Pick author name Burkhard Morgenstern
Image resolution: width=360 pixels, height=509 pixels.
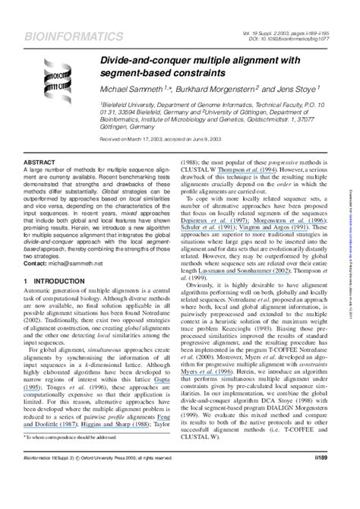click(x=219, y=90)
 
